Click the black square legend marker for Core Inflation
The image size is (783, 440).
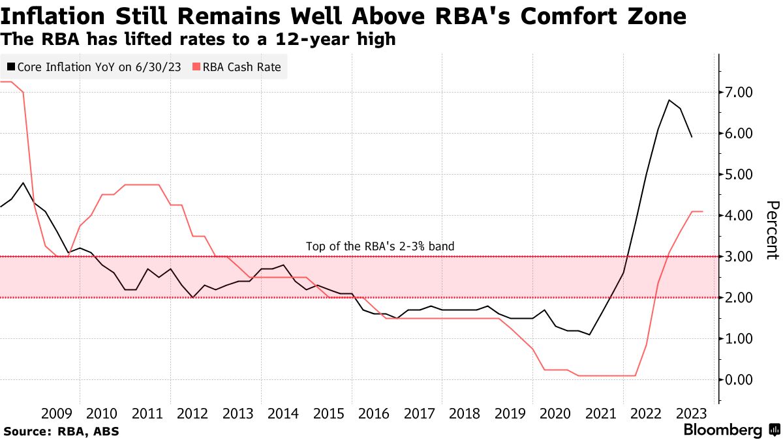click(11, 66)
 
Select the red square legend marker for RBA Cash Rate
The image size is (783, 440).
click(196, 66)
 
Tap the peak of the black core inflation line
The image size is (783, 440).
click(669, 100)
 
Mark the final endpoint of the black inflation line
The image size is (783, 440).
click(692, 137)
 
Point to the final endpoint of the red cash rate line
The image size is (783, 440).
click(702, 211)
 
